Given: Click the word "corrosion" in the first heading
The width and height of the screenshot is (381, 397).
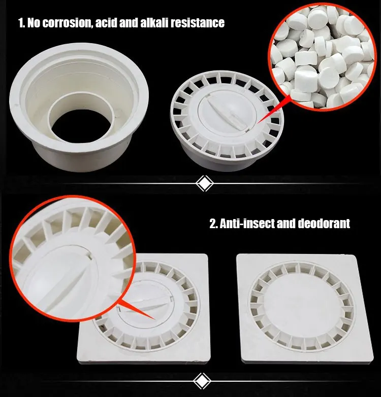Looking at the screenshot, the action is (x=67, y=23).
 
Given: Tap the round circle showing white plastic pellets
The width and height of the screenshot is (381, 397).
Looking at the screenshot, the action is (x=322, y=56).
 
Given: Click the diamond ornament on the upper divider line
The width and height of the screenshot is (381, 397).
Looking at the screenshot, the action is (x=204, y=184).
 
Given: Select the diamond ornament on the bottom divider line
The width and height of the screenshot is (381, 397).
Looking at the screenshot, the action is (x=202, y=381).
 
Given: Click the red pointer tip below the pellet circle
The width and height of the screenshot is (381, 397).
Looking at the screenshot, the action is (x=258, y=123).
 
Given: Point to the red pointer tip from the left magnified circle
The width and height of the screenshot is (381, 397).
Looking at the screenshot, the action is (x=154, y=318).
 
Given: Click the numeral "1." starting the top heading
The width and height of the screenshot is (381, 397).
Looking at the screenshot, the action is (x=22, y=23).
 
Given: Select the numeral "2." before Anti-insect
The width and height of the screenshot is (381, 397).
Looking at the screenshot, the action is (x=213, y=224).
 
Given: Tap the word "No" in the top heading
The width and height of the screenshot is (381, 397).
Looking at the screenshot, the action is (x=34, y=23).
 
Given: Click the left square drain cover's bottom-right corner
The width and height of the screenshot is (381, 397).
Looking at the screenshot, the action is (x=210, y=363).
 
